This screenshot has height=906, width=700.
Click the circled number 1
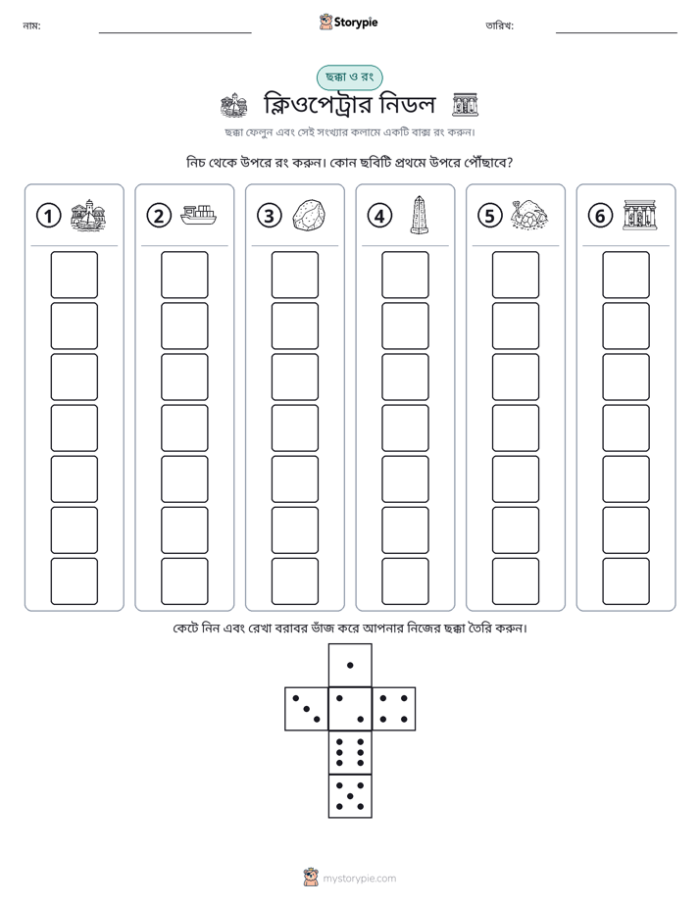48,216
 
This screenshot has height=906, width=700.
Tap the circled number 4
379,216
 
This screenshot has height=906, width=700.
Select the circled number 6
600,216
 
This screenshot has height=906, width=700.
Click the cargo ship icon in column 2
198,216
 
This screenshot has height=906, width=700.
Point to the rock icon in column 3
309,216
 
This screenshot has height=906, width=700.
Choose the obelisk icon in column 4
419,215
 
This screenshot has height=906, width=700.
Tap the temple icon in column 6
640,215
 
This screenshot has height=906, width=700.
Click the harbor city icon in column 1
88,215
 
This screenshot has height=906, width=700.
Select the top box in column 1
74,275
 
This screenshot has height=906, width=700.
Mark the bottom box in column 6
625,581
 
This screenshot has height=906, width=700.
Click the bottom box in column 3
294,581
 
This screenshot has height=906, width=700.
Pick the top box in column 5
515,275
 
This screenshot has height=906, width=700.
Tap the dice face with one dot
350,665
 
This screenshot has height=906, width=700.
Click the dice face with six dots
350,752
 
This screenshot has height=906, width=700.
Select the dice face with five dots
350,796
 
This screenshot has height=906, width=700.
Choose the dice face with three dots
307,708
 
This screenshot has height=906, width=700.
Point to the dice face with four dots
394,708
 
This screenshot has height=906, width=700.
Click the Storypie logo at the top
348,22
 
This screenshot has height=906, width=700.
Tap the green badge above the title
349,77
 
